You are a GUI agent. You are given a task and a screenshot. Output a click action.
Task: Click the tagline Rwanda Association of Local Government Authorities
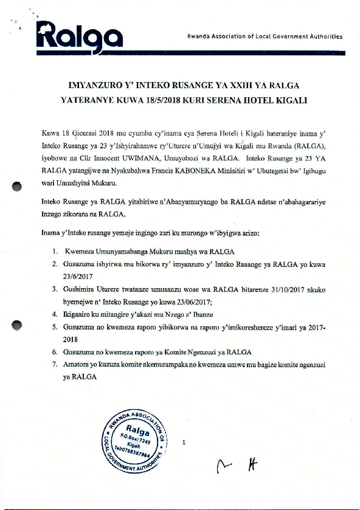(265, 36)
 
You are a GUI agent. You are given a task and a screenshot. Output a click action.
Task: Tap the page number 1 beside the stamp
(184, 443)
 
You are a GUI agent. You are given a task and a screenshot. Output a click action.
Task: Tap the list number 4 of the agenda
(55, 315)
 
